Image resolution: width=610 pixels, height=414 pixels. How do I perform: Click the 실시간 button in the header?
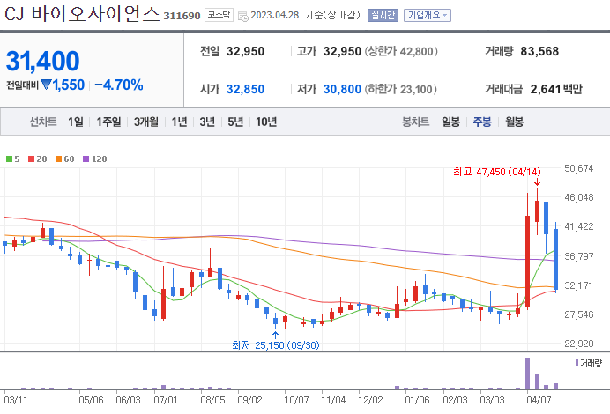[x=383, y=15]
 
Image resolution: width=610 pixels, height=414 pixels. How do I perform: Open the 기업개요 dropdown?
[x=428, y=15]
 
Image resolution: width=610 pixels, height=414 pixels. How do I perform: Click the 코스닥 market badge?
[x=218, y=15]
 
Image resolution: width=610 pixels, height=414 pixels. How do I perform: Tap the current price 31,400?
[x=42, y=61]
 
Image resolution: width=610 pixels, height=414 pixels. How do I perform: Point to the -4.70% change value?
[x=118, y=85]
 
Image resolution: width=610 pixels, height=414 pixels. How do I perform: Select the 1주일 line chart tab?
[x=110, y=122]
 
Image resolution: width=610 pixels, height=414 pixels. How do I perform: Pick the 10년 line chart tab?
[x=265, y=122]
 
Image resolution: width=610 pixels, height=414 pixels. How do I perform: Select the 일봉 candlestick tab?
[x=450, y=122]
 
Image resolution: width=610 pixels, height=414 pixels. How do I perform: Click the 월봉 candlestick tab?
[x=514, y=122]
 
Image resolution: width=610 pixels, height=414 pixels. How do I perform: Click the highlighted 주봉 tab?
[x=482, y=122]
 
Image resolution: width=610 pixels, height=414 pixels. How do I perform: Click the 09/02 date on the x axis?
[x=249, y=399]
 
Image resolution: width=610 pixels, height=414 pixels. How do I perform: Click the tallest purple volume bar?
[x=527, y=373]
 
